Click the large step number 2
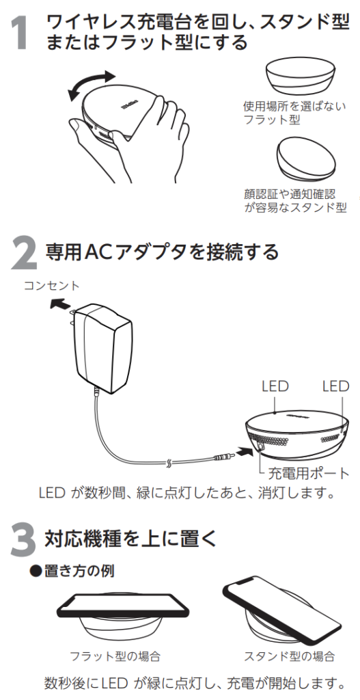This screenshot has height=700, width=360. pos(23,252)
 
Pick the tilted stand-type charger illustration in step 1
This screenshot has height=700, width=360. pos(305,158)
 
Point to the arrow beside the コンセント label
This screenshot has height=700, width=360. pos(61,305)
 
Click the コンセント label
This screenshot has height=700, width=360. pos(51,285)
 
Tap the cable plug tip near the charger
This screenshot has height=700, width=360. pos(223,457)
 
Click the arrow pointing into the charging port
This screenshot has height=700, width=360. pos(245,453)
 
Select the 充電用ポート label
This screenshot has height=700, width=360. pos(308,473)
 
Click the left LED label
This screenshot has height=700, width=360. pos(275,387)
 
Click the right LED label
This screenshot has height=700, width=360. pos(335,387)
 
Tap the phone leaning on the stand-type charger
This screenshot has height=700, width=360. pos(282,606)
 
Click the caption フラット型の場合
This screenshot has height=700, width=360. pos(115,656)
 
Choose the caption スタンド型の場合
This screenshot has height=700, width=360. pos(289,656)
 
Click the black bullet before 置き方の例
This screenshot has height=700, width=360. pos(36,571)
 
